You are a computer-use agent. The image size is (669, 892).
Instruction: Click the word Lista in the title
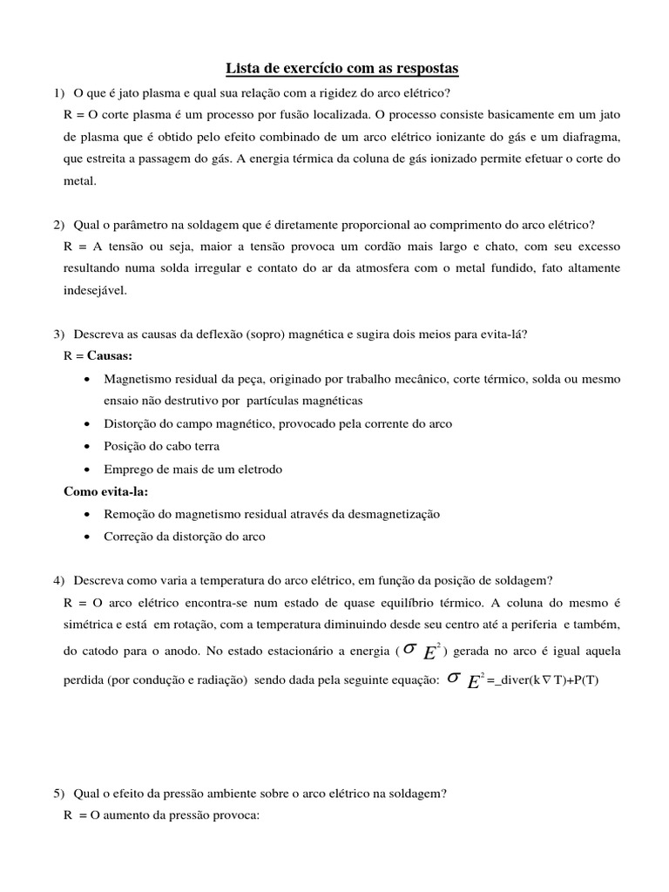click(x=244, y=68)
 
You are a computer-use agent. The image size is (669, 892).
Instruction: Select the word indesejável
click(x=95, y=291)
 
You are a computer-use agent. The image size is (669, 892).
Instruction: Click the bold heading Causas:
click(x=110, y=356)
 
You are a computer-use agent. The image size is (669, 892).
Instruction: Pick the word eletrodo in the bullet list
click(x=258, y=469)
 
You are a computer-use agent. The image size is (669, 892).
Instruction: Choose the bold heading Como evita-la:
click(x=105, y=491)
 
